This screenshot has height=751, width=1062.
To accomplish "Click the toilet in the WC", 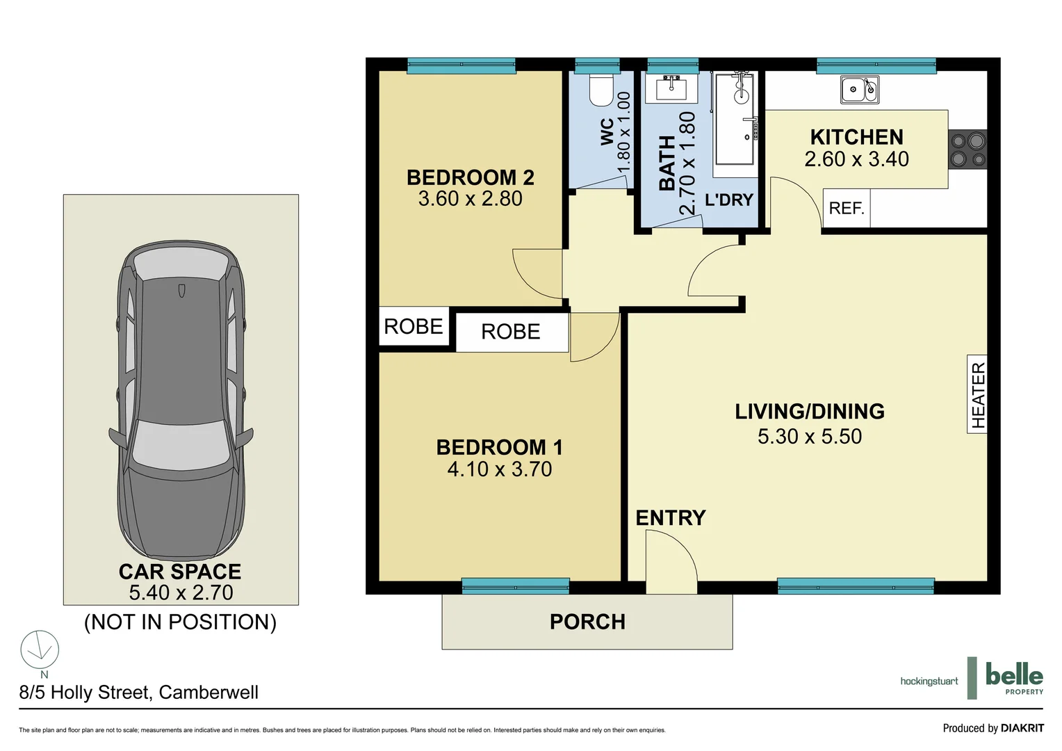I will [x=601, y=90].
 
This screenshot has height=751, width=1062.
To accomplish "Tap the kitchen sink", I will [x=860, y=90].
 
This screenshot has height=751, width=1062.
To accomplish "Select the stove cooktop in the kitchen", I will [x=967, y=150].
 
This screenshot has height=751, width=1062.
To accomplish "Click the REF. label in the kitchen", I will [x=846, y=209].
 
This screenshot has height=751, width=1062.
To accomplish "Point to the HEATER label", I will [x=978, y=394].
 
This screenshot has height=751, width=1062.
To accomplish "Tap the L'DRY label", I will [x=728, y=200].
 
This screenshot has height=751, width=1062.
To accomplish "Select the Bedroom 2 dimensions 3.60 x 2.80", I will [x=470, y=199].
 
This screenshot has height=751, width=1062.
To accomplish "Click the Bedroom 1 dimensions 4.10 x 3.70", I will [x=499, y=469].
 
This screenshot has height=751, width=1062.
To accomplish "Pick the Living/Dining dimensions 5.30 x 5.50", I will [x=809, y=437].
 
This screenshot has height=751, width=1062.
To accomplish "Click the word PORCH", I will [x=587, y=622].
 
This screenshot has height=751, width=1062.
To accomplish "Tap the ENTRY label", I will [x=670, y=518].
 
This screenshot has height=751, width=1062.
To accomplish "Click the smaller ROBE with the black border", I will [x=414, y=327].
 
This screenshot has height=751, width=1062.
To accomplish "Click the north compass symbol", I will [x=40, y=650].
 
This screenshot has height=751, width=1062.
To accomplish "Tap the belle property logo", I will [x=1013, y=677].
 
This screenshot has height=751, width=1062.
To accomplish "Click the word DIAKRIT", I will [x=1022, y=728].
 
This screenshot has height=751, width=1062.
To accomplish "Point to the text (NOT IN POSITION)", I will [x=180, y=622].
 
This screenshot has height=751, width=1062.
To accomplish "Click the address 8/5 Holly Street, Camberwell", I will [x=139, y=693].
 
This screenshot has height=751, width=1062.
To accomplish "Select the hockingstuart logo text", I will [x=929, y=681].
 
